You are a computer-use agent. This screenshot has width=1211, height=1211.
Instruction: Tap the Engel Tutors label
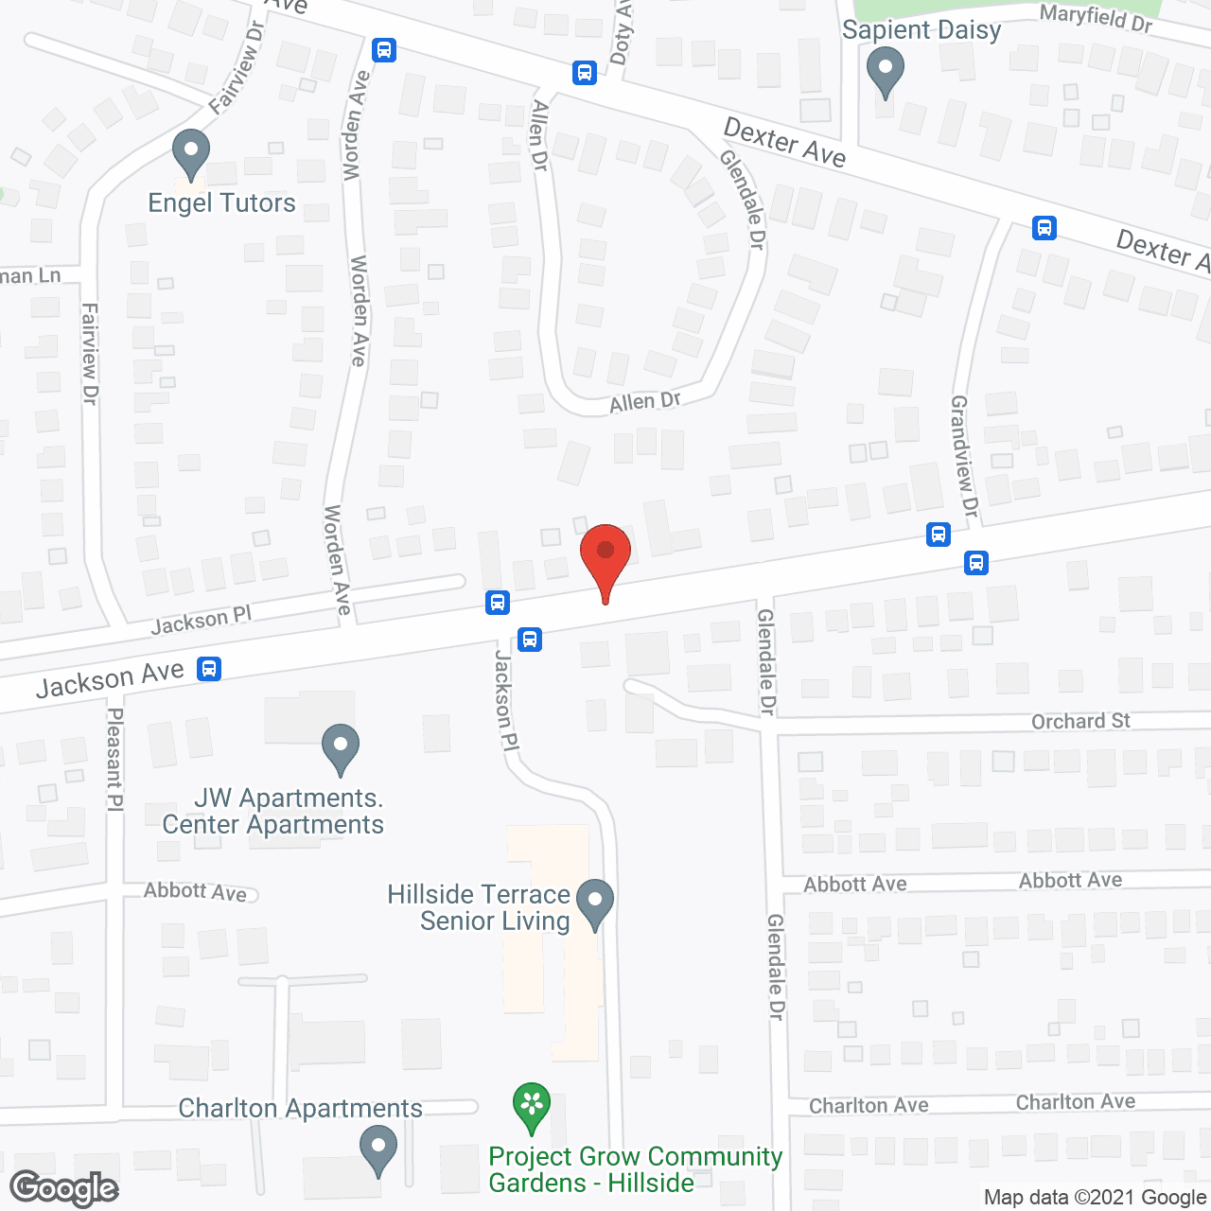[221, 203]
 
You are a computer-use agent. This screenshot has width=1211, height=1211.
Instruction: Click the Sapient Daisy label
[921, 30]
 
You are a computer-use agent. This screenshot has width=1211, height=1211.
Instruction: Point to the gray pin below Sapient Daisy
[886, 71]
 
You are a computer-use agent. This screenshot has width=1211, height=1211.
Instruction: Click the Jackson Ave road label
[110, 678]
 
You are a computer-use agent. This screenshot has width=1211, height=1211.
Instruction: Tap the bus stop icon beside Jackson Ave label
[209, 669]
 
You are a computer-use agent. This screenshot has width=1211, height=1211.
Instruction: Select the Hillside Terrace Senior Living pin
[595, 903]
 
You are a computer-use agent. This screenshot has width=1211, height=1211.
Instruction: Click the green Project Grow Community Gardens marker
[532, 1106]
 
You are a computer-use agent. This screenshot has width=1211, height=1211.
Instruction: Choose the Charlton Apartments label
[300, 1108]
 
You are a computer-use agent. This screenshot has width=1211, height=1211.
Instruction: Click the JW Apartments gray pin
[341, 747]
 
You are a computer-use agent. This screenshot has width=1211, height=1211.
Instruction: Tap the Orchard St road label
[1080, 721]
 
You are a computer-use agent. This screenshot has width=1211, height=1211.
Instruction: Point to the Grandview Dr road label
[963, 456]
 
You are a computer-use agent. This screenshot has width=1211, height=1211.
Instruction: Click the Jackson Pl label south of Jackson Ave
[507, 700]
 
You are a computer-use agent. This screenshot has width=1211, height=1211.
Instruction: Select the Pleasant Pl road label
[114, 760]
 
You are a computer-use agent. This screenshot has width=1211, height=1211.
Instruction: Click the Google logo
[63, 1187]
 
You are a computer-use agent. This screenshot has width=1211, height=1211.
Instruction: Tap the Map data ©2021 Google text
[1096, 1197]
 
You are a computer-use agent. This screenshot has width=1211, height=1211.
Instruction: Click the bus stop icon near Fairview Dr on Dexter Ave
[384, 50]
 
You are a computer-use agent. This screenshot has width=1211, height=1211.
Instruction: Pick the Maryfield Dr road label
[1096, 17]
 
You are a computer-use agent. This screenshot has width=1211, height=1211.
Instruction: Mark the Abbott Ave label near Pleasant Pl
[195, 891]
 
